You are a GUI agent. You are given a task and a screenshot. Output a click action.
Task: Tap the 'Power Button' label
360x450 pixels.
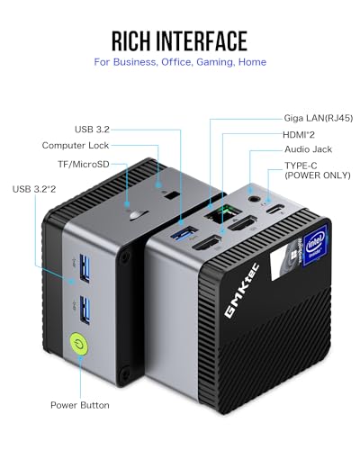[x=80, y=405]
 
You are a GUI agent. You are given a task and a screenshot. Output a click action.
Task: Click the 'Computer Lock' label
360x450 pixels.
[x=75, y=145]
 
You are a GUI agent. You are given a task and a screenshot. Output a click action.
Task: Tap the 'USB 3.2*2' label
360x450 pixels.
[x=40, y=188]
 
